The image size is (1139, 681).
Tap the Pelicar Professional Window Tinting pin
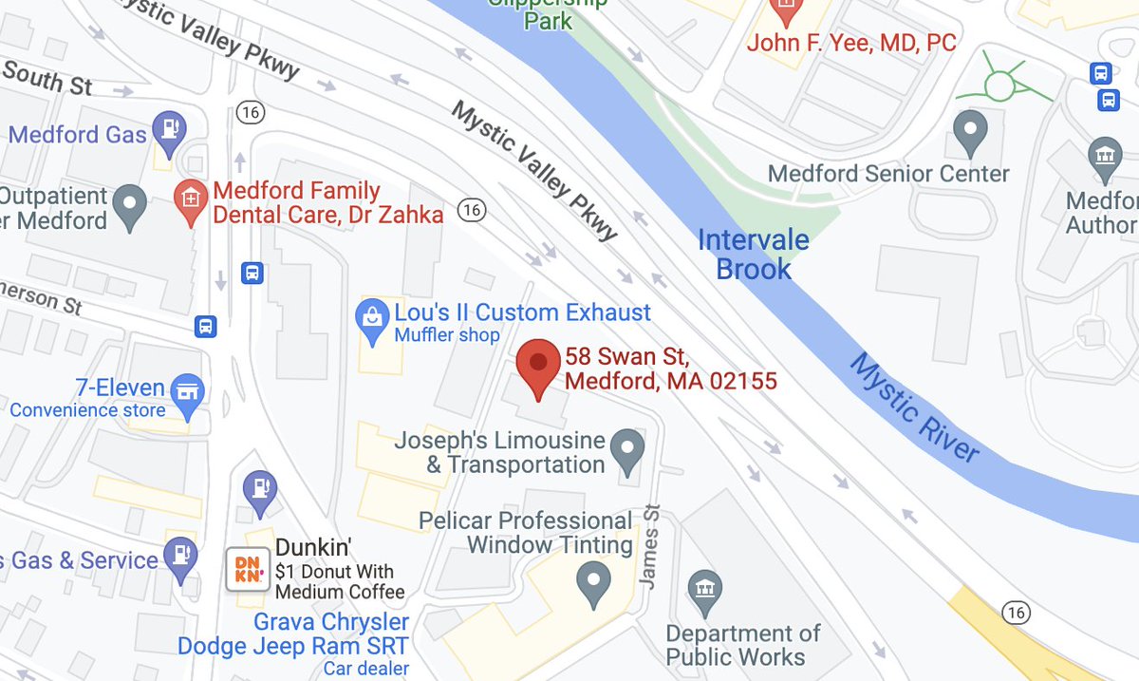(593, 580)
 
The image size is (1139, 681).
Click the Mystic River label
(912, 408)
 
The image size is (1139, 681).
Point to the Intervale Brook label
(754, 254)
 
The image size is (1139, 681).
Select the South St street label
(47, 79)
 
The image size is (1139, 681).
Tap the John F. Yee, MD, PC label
(851, 43)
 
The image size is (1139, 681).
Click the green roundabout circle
(999, 86)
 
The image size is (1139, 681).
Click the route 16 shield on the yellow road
(1017, 614)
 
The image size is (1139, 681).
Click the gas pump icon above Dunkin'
(259, 488)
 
